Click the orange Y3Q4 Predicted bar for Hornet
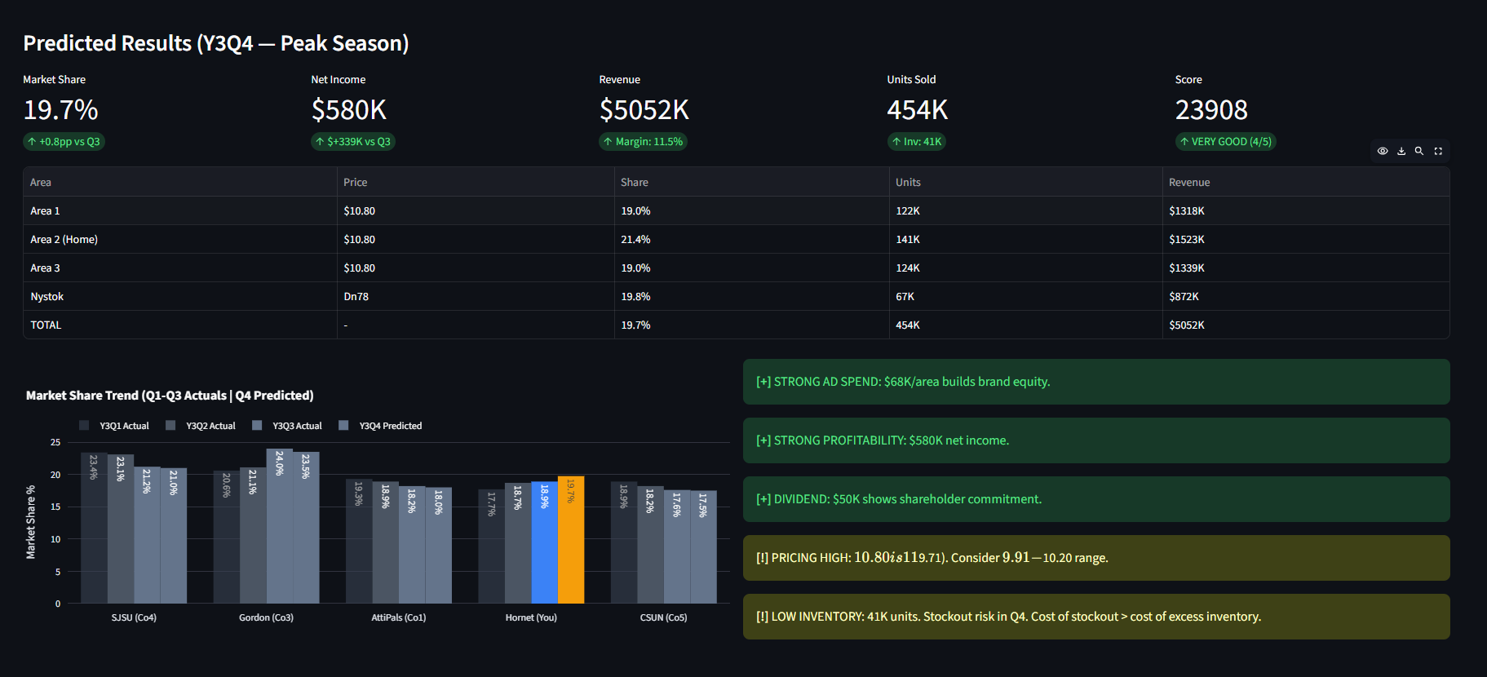(x=571, y=540)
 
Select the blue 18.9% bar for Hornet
(x=544, y=542)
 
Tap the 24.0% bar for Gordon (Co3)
(x=279, y=526)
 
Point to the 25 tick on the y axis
(x=55, y=442)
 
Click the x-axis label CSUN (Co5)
(x=663, y=617)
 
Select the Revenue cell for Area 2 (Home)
(x=1186, y=239)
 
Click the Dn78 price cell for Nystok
(x=356, y=296)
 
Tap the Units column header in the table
(x=907, y=182)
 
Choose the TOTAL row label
(x=46, y=325)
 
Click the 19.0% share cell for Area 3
(x=635, y=268)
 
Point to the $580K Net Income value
(x=348, y=109)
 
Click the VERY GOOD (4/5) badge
(x=1225, y=141)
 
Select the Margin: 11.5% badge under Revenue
(x=643, y=141)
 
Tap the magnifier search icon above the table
(x=1419, y=151)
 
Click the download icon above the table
(x=1401, y=151)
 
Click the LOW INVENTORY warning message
(x=1007, y=617)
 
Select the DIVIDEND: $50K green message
(x=898, y=499)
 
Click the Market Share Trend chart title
(x=170, y=396)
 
